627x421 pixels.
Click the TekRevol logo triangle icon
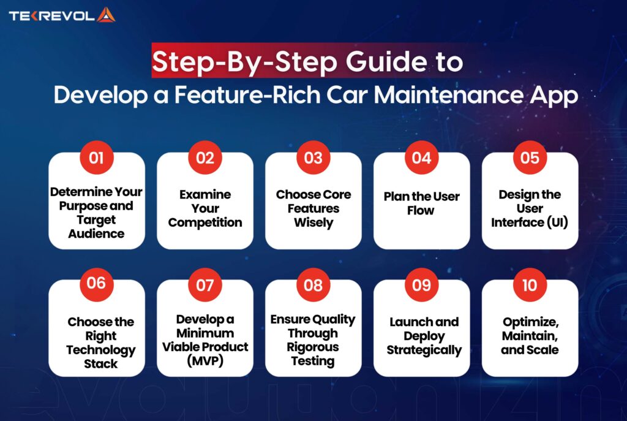click(106, 14)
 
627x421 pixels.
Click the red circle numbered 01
click(96, 158)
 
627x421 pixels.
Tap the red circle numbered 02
click(205, 158)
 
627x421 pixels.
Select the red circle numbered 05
click(530, 158)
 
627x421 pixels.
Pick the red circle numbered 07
click(205, 286)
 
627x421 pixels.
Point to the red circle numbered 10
click(530, 286)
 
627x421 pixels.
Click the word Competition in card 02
click(205, 222)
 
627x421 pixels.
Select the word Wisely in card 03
click(313, 222)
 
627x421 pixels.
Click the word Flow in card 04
click(421, 210)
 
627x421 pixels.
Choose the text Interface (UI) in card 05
click(530, 222)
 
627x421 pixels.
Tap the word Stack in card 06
click(100, 364)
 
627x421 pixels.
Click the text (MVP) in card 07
click(205, 361)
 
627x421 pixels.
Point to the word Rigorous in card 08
click(313, 347)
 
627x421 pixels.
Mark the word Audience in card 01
click(96, 233)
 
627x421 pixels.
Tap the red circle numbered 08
click(313, 286)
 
